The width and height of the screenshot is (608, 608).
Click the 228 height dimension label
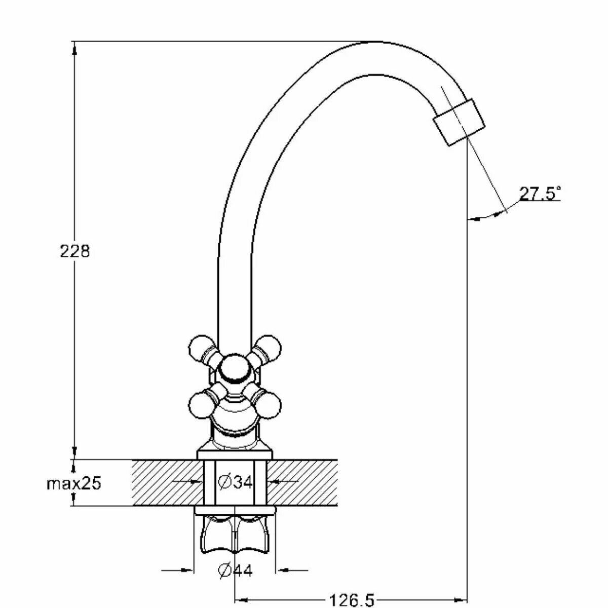[x=74, y=251]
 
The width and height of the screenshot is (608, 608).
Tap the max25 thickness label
[x=74, y=483]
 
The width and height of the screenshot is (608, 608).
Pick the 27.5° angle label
[x=539, y=194]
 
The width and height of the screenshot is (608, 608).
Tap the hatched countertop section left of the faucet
[x=165, y=482]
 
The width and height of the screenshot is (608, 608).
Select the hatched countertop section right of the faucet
[x=304, y=482]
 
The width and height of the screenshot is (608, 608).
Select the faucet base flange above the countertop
[x=235, y=454]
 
